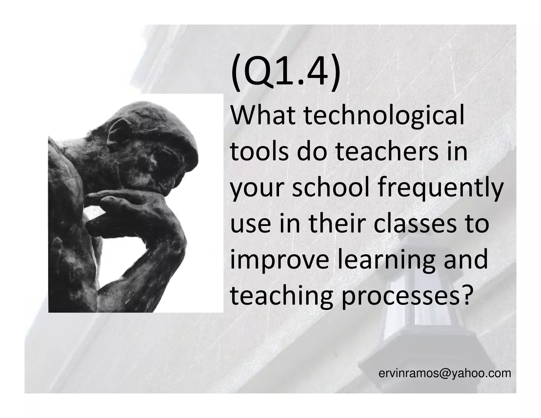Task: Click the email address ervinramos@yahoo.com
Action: tap(445, 373)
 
